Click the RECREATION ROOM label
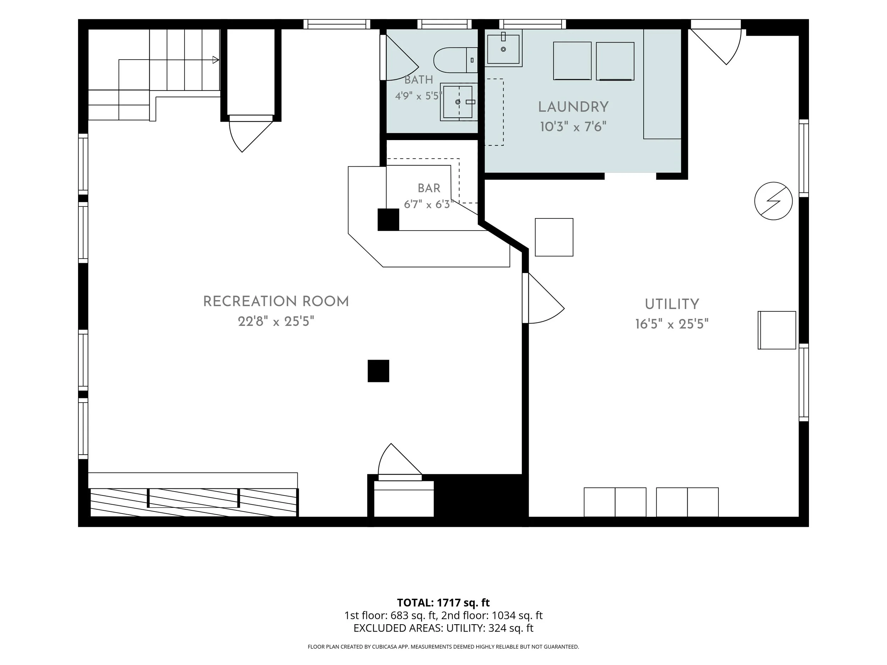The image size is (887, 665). (276, 301)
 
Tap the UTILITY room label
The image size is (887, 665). (672, 304)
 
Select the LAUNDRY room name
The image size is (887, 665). (573, 107)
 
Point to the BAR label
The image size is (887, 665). (429, 188)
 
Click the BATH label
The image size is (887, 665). (419, 80)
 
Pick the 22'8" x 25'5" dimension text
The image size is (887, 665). (276, 321)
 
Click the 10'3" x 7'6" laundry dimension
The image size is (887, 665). (573, 127)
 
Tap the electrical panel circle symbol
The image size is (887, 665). (773, 201)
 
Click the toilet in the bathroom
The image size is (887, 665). (456, 60)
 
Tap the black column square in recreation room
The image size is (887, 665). (379, 371)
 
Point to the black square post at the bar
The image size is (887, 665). (388, 220)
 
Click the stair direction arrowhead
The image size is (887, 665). (216, 60)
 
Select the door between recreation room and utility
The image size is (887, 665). (543, 298)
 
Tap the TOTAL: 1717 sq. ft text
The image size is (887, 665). (443, 603)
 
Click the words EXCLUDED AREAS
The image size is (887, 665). (398, 628)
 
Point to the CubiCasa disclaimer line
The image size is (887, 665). (443, 647)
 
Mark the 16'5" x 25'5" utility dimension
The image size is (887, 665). (672, 324)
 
